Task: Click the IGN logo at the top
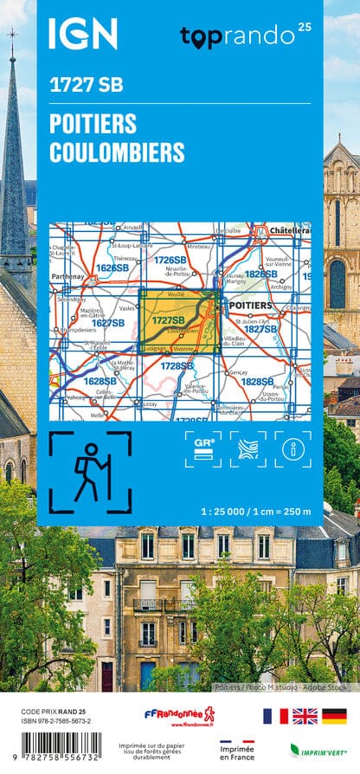pyautogui.click(x=82, y=34)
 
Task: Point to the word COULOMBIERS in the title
pyautogui.click(x=117, y=152)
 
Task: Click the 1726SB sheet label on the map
pyautogui.click(x=170, y=260)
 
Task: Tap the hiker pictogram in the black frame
pyautogui.click(x=89, y=473)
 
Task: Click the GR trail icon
pyautogui.click(x=203, y=448)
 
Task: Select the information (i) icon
pyautogui.click(x=292, y=448)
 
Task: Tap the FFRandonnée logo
pyautogui.click(x=179, y=716)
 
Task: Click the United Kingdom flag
pyautogui.click(x=305, y=716)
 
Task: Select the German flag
pyautogui.click(x=334, y=716)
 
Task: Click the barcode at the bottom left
pyautogui.click(x=64, y=747)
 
